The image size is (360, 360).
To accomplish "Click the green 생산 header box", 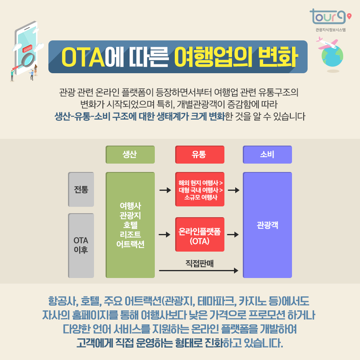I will click(130, 154).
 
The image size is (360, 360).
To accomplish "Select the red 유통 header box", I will click(199, 154).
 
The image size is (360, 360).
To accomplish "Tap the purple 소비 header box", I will click(267, 154).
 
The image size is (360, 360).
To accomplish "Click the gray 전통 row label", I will click(81, 189).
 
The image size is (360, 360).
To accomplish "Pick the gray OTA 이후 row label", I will click(81, 245).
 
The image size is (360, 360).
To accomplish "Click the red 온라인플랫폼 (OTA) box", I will click(199, 234).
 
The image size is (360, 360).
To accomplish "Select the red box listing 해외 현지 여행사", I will click(199, 189).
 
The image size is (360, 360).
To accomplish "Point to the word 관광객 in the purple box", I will click(267, 225).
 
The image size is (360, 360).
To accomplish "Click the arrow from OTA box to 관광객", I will click(233, 234).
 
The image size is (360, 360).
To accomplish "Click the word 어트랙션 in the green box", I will click(130, 244).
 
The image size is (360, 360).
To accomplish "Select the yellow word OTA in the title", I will click(83, 57).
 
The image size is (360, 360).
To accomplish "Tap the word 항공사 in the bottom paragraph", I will click(62, 301).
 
